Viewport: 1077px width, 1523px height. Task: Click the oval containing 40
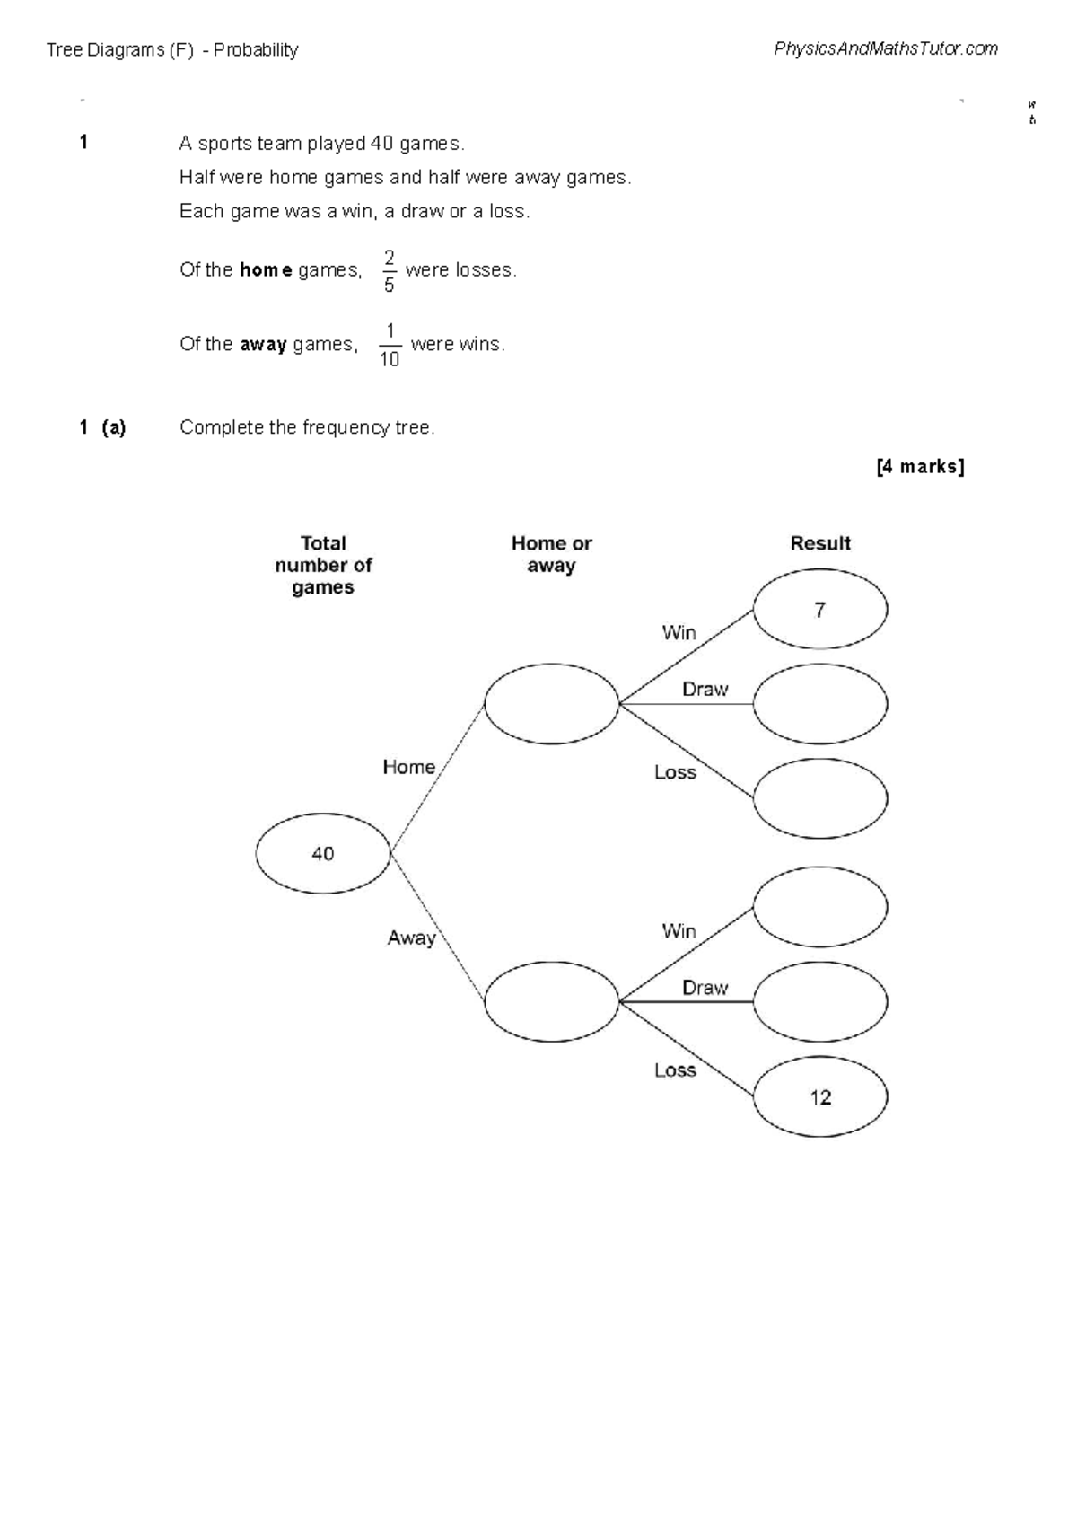[x=322, y=853]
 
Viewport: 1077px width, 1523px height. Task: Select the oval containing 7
[x=819, y=609]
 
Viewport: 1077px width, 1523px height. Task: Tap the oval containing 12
[x=819, y=1097]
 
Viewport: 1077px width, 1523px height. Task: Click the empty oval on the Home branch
[x=551, y=703]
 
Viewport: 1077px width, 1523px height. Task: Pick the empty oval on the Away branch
[x=551, y=1001]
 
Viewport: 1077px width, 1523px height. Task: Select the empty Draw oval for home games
[x=819, y=703]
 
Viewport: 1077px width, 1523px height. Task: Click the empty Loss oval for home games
[x=819, y=798]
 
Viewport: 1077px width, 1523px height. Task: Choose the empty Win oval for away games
[x=819, y=907]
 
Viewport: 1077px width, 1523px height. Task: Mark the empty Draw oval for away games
[x=819, y=1001]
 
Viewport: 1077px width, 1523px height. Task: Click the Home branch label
[x=408, y=767]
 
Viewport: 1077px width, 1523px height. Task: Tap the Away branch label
[x=411, y=938]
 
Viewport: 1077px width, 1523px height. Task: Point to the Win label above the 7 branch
[x=679, y=633]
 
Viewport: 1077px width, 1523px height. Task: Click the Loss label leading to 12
[x=675, y=1070]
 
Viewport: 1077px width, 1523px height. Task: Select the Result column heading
[x=819, y=543]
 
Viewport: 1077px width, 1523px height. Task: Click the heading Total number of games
[x=323, y=565]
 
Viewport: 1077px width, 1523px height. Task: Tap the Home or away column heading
[x=551, y=554]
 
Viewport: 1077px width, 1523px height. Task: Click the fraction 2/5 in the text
[x=389, y=271]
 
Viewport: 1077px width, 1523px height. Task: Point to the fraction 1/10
[x=389, y=346]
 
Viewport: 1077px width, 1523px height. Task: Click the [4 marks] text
[x=920, y=466]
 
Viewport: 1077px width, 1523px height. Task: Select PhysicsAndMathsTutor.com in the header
[x=885, y=49]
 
